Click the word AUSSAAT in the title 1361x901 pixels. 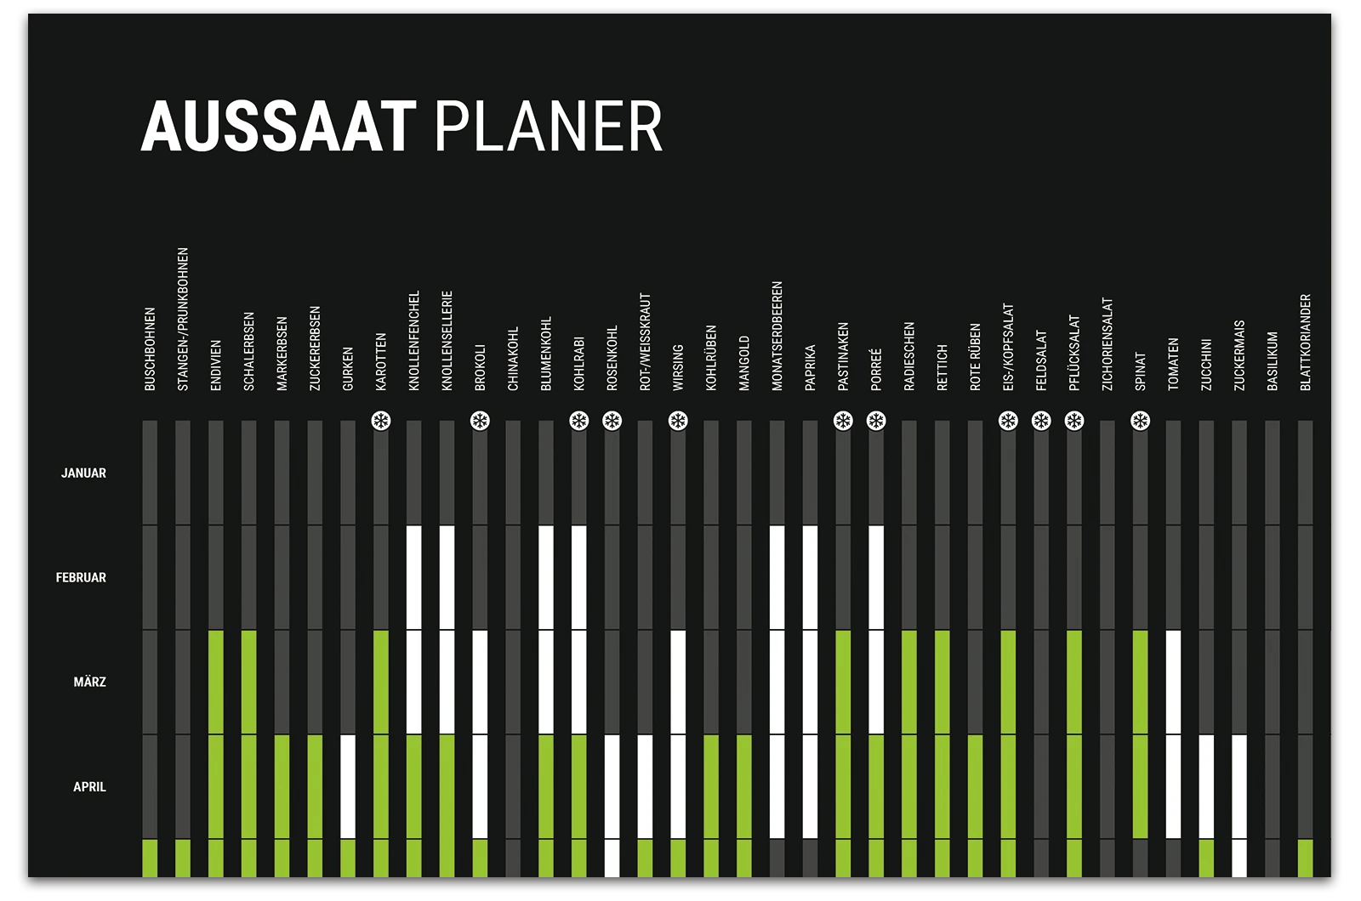278,127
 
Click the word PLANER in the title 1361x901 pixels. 548,127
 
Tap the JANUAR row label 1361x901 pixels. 83,473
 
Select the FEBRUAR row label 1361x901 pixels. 81,578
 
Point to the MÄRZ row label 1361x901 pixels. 89,683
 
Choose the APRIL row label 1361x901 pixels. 89,787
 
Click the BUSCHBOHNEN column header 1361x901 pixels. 150,349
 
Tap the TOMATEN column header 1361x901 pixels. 1173,365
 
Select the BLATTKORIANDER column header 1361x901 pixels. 1306,343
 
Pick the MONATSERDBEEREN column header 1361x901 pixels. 777,337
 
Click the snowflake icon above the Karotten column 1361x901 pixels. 381,421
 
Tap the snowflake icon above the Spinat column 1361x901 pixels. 1140,421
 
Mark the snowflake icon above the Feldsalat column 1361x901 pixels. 1041,421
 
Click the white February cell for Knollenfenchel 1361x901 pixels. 414,578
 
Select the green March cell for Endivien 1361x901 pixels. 216,683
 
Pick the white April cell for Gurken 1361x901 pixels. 348,787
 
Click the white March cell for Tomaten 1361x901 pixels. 1173,683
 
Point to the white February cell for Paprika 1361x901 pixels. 810,578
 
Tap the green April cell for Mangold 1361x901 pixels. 744,787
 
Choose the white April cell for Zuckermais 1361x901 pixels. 1239,787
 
